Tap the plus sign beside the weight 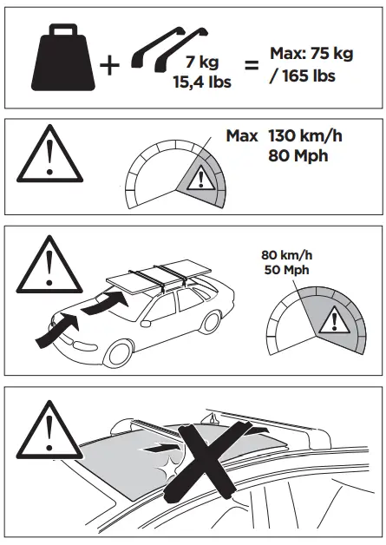click(x=110, y=66)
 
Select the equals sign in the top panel click(x=249, y=66)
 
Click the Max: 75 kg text click(x=311, y=55)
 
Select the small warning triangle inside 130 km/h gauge click(x=201, y=180)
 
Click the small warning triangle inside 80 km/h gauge click(x=330, y=322)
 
